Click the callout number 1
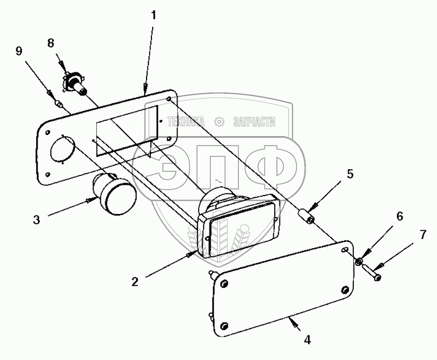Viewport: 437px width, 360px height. (153, 15)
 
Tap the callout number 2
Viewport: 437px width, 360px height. (135, 281)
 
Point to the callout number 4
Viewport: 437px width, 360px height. (308, 340)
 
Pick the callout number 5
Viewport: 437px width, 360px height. (350, 174)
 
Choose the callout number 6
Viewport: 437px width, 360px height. (399, 217)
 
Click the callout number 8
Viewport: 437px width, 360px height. (50, 43)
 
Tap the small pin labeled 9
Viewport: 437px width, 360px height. (60, 104)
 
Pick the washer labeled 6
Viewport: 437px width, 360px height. (360, 261)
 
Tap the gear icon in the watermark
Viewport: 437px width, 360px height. (219, 121)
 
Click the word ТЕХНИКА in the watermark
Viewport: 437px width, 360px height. (186, 122)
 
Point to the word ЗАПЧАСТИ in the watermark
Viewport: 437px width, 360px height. (254, 122)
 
